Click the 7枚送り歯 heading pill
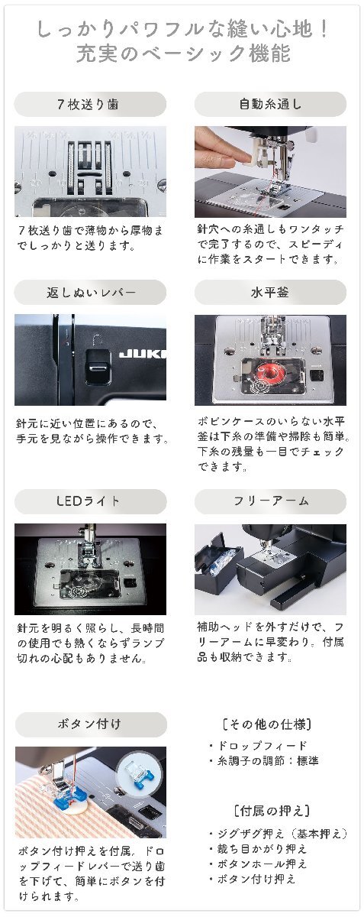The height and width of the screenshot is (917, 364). point(90,105)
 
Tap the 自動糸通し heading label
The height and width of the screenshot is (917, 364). point(270,105)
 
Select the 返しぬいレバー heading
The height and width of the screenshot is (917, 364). point(90,292)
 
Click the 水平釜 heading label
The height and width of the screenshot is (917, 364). point(270,292)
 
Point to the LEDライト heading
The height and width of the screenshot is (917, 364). point(90,501)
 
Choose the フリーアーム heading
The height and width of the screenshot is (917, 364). point(270,501)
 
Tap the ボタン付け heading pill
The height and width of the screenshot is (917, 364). point(91,724)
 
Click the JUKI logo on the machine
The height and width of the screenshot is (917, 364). point(143,353)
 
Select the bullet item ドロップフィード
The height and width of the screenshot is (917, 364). point(258,746)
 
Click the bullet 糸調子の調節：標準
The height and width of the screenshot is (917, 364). point(263,760)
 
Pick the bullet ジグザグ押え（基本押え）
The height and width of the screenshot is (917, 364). point(278,833)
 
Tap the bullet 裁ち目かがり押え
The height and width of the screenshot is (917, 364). point(258,849)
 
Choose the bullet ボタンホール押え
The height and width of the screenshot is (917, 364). point(258,864)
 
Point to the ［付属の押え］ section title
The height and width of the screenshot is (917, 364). point(272,810)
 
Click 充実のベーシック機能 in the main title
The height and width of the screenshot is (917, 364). point(183,53)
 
